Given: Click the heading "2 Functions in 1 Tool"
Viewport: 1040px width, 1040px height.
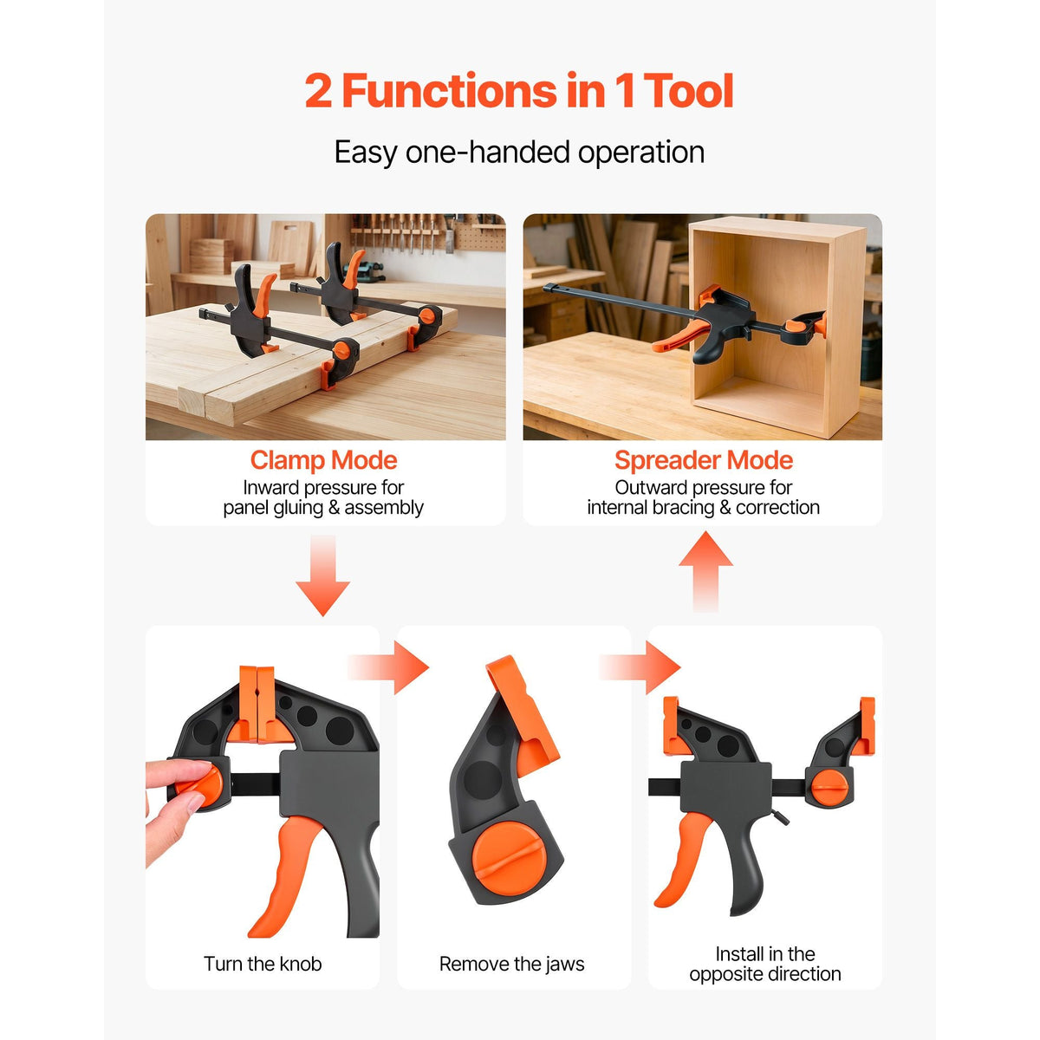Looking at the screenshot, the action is point(519,90).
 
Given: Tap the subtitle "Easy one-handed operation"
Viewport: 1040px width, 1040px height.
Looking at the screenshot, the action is point(519,152).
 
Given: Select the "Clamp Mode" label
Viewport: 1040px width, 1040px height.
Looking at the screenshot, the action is point(324,460).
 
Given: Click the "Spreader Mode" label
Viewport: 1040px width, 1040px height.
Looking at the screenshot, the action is point(703,460).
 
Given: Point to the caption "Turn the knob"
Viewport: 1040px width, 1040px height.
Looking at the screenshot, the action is point(263,964).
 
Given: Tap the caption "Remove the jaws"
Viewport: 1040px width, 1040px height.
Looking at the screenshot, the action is point(511,964).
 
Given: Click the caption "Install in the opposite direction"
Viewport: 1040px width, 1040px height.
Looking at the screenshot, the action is point(764,964).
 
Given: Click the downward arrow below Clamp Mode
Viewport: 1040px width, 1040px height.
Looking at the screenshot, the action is point(322,575).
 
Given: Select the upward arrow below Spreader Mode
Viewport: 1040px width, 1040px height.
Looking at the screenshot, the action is point(705,571).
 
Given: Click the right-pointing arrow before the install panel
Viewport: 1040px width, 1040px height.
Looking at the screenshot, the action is point(640,667).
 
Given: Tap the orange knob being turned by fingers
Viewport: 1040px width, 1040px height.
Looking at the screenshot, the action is point(199,787).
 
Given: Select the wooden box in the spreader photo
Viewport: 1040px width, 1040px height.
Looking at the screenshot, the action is point(777,326).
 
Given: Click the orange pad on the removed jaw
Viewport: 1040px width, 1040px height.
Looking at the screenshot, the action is point(523,712).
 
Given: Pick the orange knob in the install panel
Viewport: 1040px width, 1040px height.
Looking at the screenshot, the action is point(829,788).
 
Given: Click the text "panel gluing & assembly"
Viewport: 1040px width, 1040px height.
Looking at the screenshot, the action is point(323,508).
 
